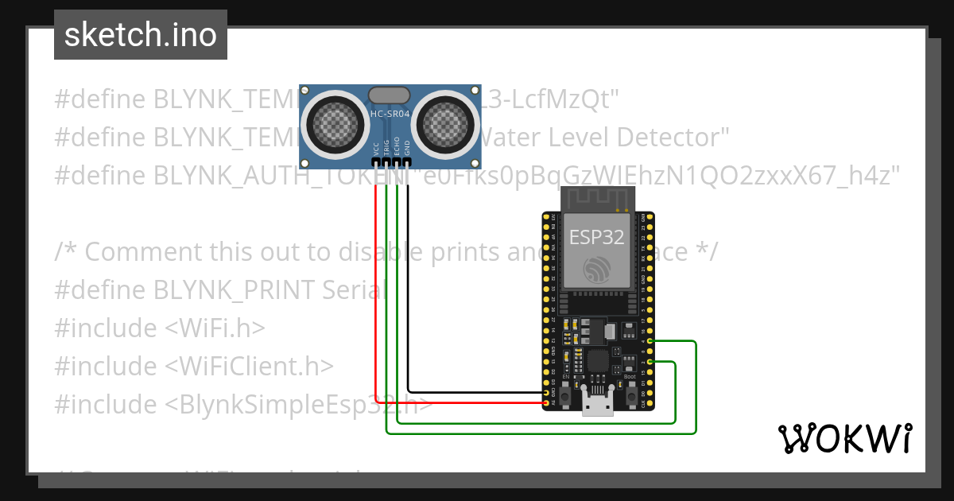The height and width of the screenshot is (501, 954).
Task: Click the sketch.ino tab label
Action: point(140,35)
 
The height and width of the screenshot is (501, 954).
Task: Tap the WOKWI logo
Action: point(843,438)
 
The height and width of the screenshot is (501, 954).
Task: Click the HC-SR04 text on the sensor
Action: point(390,115)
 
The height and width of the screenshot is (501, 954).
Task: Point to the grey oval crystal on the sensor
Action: point(390,94)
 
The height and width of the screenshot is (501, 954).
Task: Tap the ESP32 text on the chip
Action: point(596,237)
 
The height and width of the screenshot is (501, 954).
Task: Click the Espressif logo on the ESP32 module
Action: point(596,269)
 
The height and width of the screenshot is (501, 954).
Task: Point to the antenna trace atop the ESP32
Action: point(596,199)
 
